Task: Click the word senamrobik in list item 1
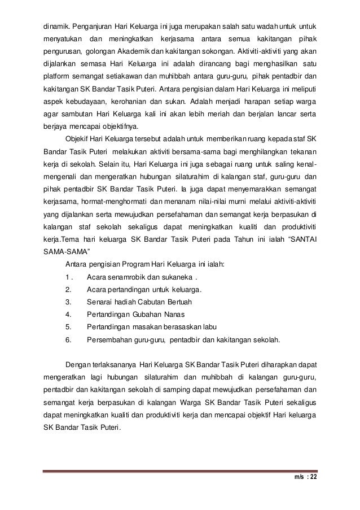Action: pyautogui.click(x=126, y=277)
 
